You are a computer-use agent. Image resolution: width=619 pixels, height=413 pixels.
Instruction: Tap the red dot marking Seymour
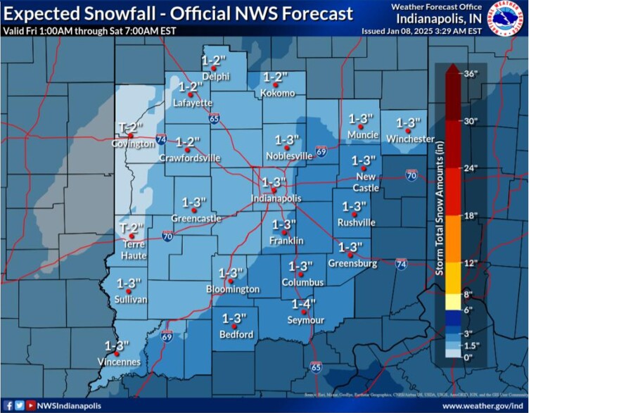click(304, 312)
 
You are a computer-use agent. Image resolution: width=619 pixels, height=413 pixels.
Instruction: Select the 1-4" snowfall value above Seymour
click(304, 303)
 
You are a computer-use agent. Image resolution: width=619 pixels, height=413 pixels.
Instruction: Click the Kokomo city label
click(279, 93)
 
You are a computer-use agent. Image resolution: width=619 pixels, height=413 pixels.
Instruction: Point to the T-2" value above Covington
click(132, 127)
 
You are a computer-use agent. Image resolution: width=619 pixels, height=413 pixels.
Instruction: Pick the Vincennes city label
click(117, 362)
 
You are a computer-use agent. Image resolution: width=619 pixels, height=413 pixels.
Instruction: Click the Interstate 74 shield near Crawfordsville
click(161, 139)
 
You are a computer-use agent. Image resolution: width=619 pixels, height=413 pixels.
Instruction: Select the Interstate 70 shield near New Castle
click(411, 175)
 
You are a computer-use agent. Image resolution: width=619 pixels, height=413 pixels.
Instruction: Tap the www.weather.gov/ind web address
click(483, 406)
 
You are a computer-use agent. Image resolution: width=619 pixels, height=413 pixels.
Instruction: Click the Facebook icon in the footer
click(8, 406)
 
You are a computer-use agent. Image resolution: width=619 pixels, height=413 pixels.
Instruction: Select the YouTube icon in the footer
click(31, 406)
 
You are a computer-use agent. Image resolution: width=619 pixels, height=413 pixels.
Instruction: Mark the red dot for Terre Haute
click(132, 246)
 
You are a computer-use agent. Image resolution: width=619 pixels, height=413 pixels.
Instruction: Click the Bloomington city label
click(233, 289)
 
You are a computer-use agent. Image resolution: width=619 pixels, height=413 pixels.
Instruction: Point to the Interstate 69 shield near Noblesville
click(321, 151)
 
